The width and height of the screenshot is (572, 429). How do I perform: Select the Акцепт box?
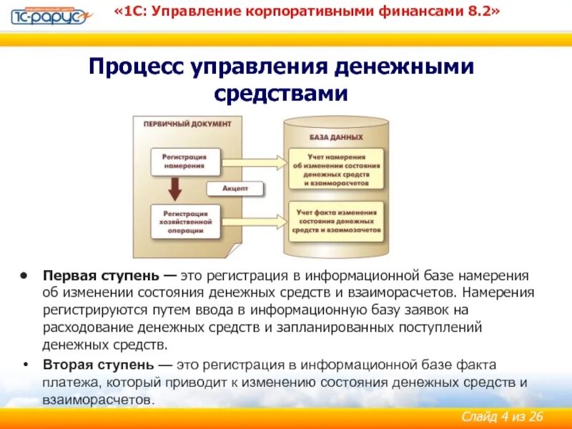tap(235, 189)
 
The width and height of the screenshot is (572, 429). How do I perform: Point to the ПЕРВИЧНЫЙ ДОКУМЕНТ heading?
tap(187, 124)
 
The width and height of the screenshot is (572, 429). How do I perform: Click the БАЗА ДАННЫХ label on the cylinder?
tap(335, 137)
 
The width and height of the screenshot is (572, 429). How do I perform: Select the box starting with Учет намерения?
tap(336, 169)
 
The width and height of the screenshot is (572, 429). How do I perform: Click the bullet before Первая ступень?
tap(24, 276)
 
